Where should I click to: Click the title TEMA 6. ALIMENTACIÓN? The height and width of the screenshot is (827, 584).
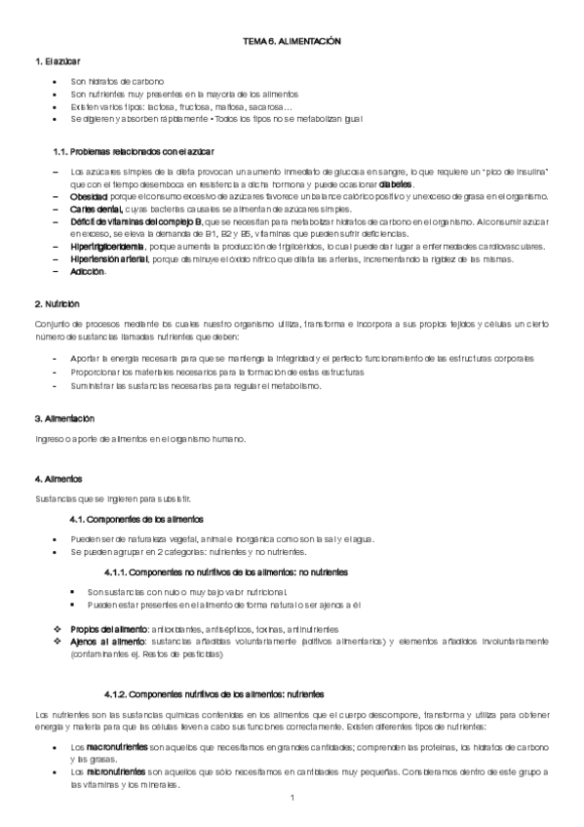291,44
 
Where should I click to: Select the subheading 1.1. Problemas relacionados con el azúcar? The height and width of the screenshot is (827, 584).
134,152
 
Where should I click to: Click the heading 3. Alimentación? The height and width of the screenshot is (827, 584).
64,419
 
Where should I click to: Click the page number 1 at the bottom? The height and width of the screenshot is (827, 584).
292,800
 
